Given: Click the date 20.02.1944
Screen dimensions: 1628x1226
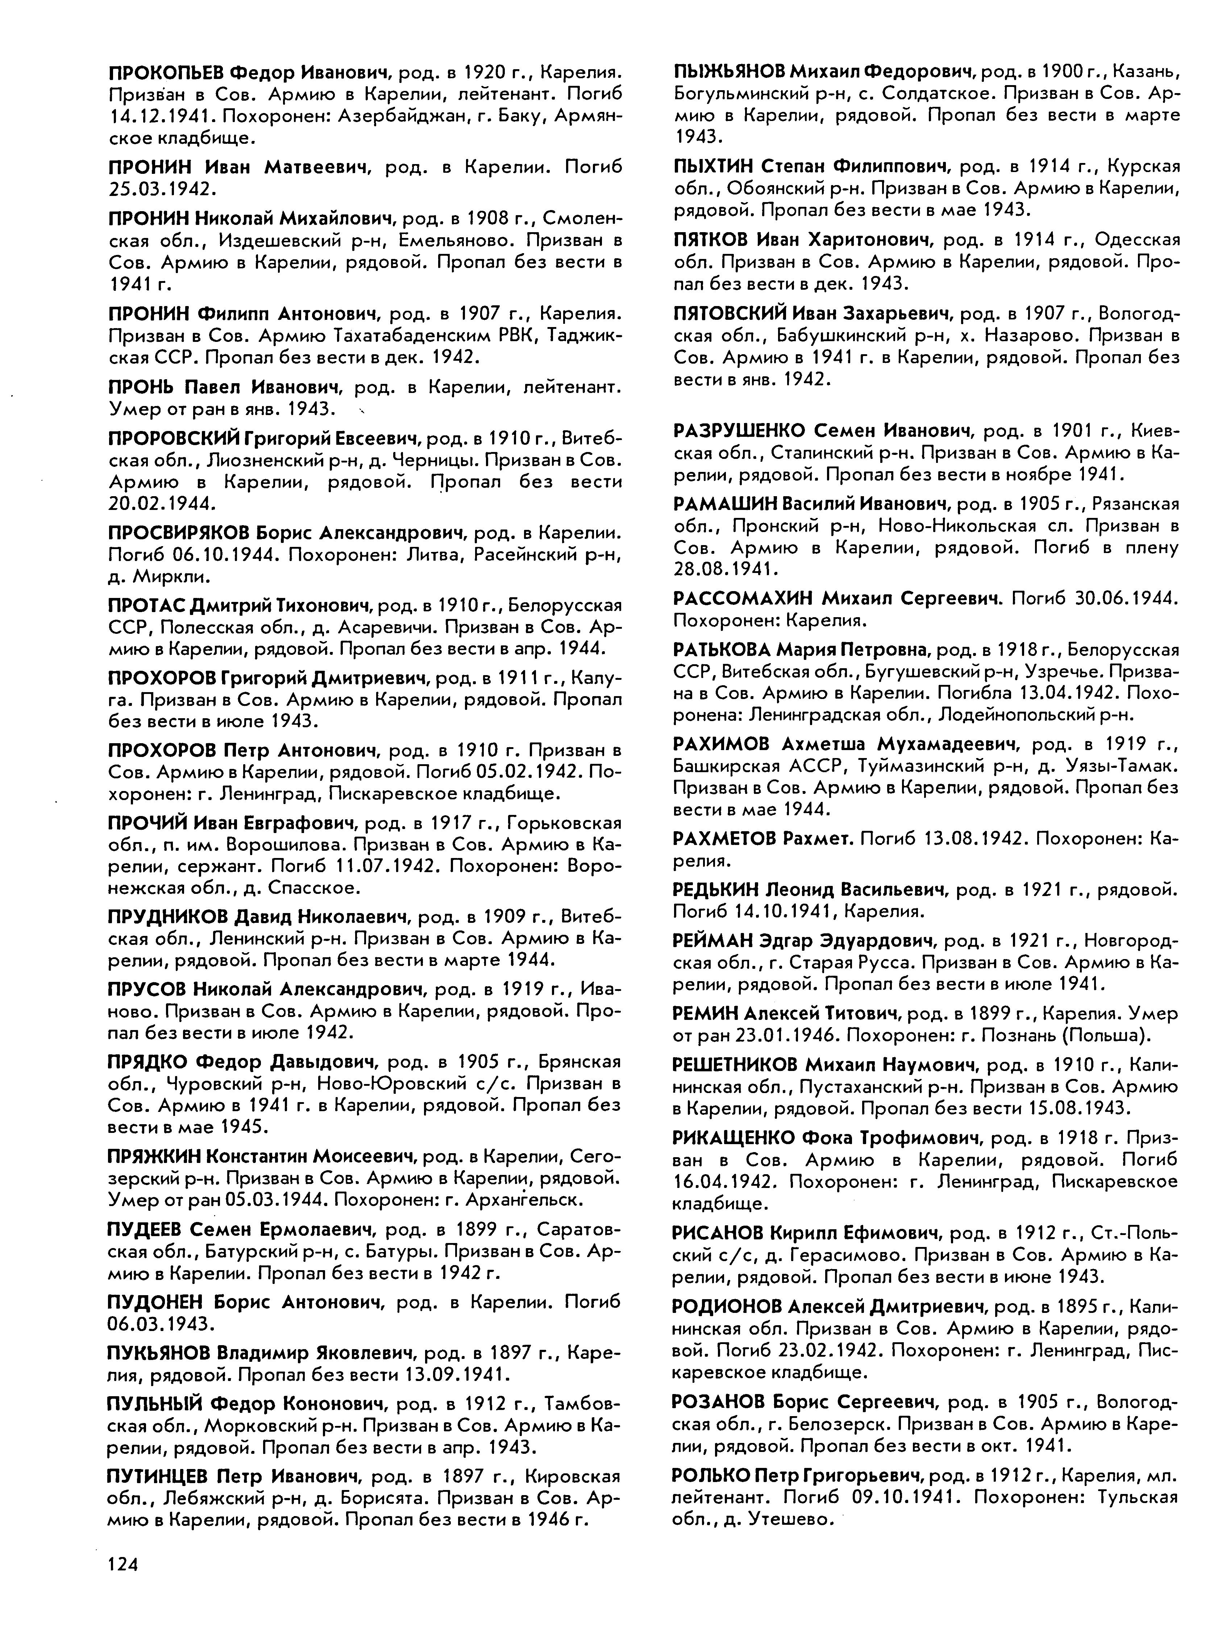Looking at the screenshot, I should (161, 503).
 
